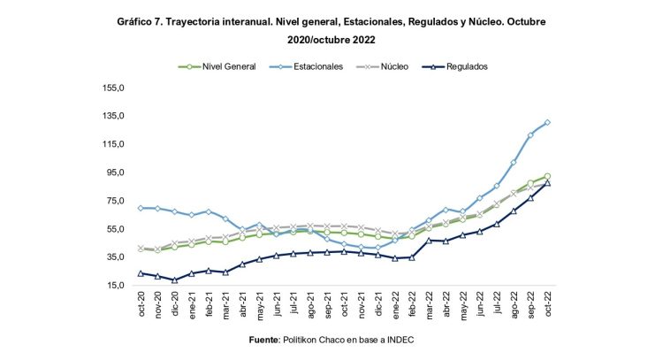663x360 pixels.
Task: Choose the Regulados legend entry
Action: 467,66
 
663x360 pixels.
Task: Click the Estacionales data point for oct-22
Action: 548,122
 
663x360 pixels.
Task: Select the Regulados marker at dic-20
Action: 175,280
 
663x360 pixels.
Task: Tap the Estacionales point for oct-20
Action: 141,208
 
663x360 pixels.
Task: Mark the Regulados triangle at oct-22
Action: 548,182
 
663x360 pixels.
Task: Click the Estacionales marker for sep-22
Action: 531,134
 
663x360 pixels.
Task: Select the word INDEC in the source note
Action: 398,340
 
